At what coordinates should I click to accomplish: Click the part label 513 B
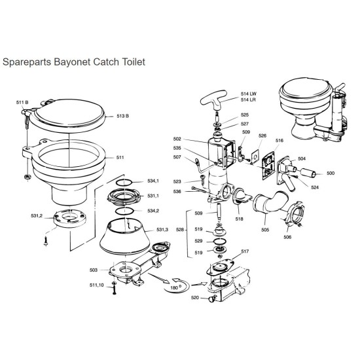[123, 116]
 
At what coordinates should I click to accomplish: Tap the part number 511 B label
[22, 103]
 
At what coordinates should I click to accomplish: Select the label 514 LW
[249, 94]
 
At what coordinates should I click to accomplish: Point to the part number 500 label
[331, 173]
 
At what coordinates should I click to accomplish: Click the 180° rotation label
[174, 287]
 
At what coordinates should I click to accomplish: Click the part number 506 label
[287, 238]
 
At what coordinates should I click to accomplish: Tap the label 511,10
[96, 285]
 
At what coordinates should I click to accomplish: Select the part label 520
[194, 298]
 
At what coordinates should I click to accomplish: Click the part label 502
[194, 139]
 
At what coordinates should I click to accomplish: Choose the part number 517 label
[245, 251]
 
